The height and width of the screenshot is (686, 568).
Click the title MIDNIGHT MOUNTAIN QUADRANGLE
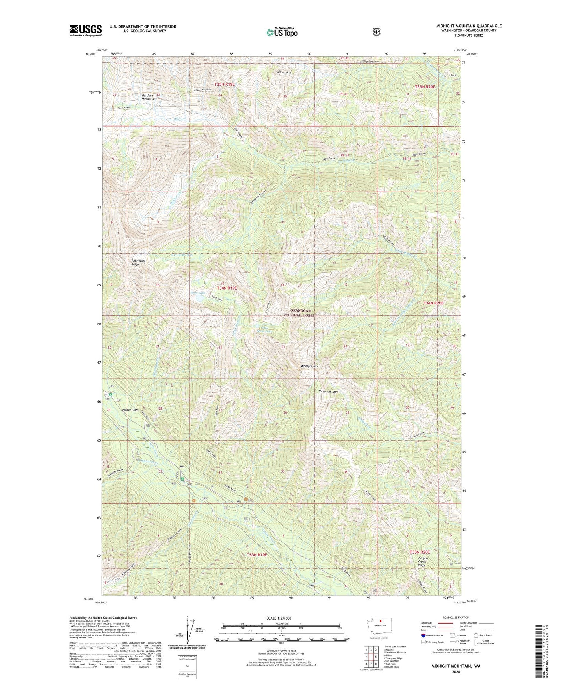(x=469, y=26)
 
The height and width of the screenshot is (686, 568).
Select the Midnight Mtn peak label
(x=309, y=366)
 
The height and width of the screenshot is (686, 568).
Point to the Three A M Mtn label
(x=328, y=391)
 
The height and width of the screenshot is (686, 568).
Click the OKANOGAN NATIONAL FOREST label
(x=300, y=313)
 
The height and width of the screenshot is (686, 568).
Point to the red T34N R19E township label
(x=227, y=288)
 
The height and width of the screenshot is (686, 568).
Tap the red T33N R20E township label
(x=419, y=552)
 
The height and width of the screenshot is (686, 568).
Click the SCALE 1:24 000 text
(x=279, y=618)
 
